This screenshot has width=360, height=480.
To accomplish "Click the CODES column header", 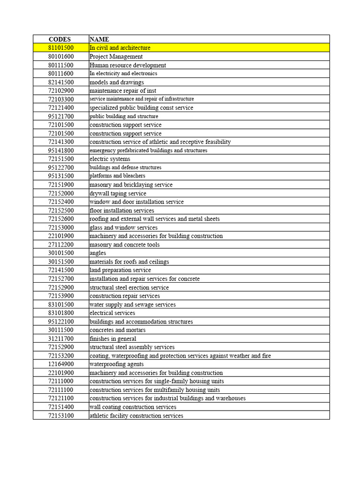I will [x=60, y=39].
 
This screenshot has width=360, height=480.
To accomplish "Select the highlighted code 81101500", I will [x=60, y=48].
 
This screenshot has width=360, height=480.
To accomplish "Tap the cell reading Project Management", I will [x=116, y=56].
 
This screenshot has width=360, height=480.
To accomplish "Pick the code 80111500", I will [x=60, y=65].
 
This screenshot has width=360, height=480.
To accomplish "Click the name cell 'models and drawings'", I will [x=117, y=82].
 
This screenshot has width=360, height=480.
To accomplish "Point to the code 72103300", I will [x=60, y=99].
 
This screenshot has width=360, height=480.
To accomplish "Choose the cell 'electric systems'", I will [x=110, y=159].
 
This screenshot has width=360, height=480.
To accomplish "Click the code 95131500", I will [x=60, y=176].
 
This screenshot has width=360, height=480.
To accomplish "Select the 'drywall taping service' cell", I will [x=118, y=193].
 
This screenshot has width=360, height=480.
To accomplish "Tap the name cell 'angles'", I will [x=98, y=253].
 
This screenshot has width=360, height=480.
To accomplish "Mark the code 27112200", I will [x=60, y=245].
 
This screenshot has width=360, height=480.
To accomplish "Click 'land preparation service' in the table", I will [x=120, y=270].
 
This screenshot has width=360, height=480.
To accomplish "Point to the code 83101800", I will [x=60, y=313].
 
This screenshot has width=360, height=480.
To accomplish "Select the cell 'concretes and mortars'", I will [x=118, y=330].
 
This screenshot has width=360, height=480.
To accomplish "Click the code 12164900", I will [x=60, y=364].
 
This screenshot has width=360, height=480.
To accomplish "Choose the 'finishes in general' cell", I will [x=113, y=338].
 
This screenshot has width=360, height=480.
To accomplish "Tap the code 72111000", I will [x=60, y=381].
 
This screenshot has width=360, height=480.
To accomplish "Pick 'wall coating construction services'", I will [x=133, y=407].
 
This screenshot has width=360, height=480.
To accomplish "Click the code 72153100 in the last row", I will [x=60, y=415].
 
